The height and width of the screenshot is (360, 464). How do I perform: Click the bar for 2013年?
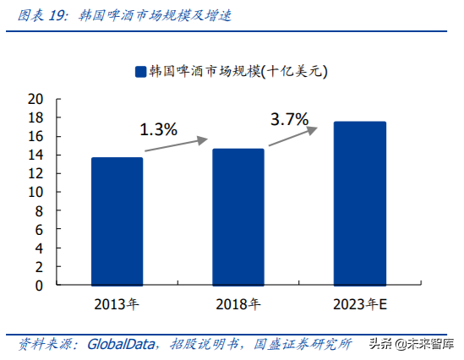(117, 221)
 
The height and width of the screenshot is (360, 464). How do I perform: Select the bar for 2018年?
(237, 217)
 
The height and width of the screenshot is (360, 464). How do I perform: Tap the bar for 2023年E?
(359, 204)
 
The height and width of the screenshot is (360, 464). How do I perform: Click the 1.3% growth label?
(158, 129)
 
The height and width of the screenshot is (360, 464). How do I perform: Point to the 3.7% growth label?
(289, 119)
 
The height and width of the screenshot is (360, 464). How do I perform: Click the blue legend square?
(139, 73)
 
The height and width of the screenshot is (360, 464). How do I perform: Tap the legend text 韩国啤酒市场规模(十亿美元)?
(237, 73)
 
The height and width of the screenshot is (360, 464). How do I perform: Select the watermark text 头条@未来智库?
(411, 344)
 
